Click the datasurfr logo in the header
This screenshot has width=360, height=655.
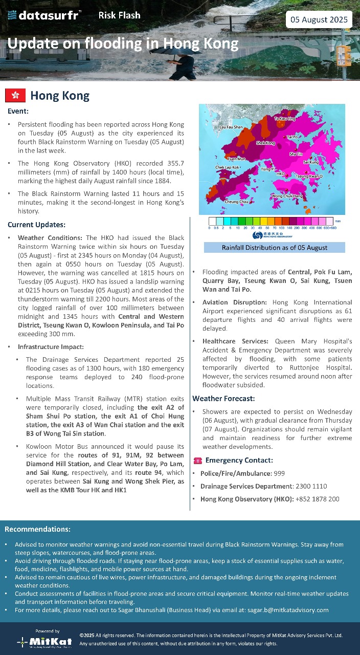[44, 15]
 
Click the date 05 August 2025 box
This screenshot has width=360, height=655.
[319, 20]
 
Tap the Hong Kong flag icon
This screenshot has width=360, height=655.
[15, 96]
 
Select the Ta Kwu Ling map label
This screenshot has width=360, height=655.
[285, 119]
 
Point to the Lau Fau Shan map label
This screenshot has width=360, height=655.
[231, 127]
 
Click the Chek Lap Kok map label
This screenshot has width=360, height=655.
[227, 167]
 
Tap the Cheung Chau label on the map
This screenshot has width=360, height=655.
[236, 202]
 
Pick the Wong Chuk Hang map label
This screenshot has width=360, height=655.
[287, 196]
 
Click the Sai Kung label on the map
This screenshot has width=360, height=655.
[311, 162]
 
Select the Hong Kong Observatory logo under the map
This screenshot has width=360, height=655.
[273, 235]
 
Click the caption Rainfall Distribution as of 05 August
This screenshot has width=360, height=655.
[275, 248]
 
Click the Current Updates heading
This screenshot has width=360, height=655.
[36, 225]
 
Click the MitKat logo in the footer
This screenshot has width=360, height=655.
[44, 640]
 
